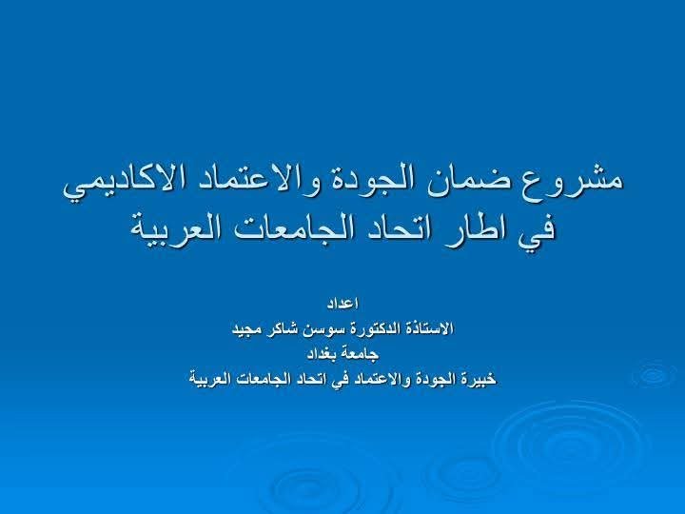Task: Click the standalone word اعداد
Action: point(342,303)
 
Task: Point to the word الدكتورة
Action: point(370,328)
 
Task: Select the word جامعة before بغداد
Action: point(360,354)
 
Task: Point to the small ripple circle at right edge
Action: point(655,374)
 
